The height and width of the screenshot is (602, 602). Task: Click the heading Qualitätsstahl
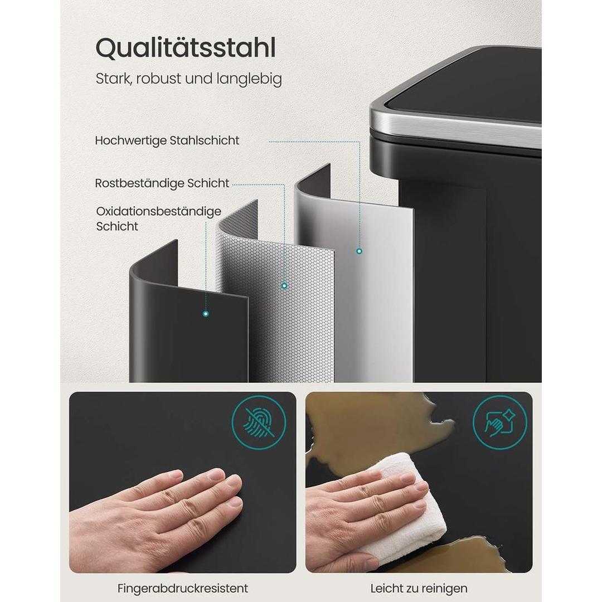[x=186, y=48]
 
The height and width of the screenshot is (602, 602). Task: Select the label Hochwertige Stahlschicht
[x=167, y=140]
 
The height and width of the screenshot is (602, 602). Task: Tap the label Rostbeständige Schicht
[x=162, y=183]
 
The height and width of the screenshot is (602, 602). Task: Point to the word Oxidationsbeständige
[x=159, y=212]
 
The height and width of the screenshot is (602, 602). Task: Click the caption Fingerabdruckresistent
[x=183, y=588]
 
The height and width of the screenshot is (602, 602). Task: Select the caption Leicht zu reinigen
[x=419, y=588]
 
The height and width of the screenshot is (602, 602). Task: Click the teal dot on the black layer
[x=206, y=314]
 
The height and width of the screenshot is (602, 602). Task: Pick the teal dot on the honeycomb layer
[x=284, y=285]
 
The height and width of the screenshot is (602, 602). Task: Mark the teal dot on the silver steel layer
[x=359, y=251]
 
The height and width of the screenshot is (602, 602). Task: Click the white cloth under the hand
[x=410, y=502]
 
